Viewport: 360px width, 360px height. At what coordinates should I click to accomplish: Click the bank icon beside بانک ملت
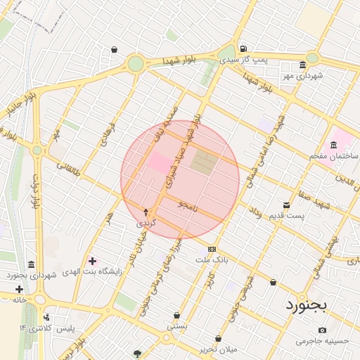click(x=212, y=250)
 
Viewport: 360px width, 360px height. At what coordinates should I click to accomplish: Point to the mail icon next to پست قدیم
click(x=286, y=205)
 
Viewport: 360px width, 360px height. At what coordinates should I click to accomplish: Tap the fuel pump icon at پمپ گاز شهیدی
click(x=243, y=49)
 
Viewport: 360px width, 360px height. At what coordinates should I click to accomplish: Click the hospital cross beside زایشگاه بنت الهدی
click(x=92, y=261)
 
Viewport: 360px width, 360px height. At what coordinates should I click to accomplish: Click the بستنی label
click(x=176, y=326)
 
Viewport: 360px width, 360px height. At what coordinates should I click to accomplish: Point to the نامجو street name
click(x=188, y=205)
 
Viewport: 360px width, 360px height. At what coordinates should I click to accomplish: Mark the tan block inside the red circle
click(x=205, y=162)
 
